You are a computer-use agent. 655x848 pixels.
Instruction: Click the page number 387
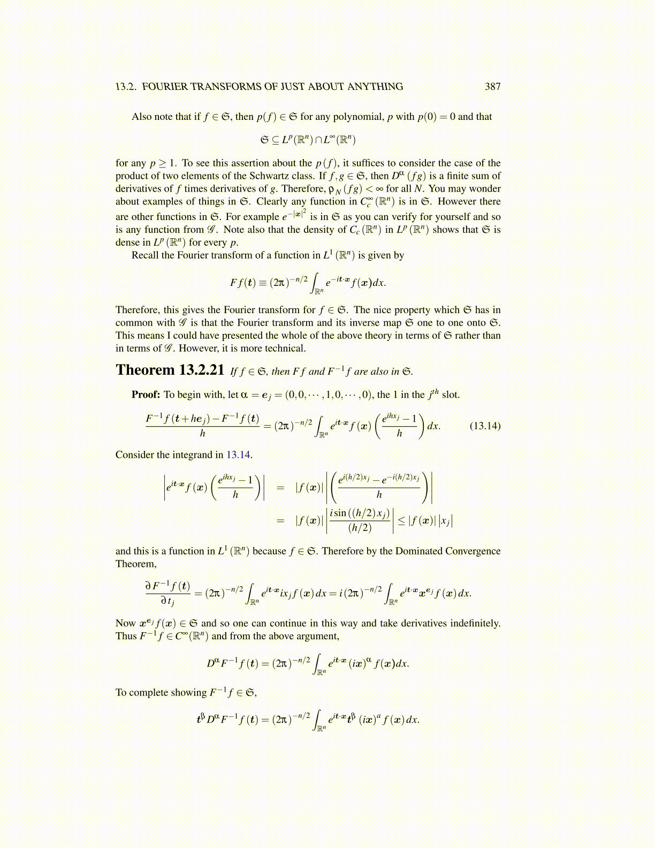point(492,87)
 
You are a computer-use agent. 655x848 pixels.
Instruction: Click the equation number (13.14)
point(485,426)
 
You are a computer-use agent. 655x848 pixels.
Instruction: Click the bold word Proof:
point(146,395)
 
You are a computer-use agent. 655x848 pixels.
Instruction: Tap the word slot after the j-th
point(450,395)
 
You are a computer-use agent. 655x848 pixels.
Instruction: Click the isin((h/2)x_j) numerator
point(360,513)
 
